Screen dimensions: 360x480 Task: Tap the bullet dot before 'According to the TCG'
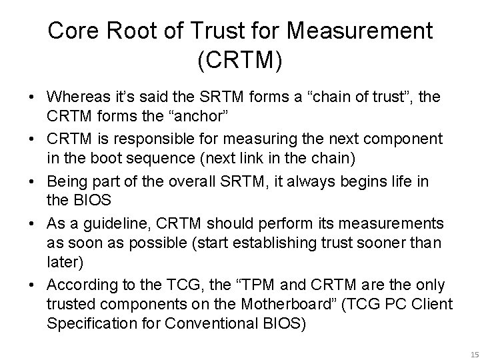pos(33,285)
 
